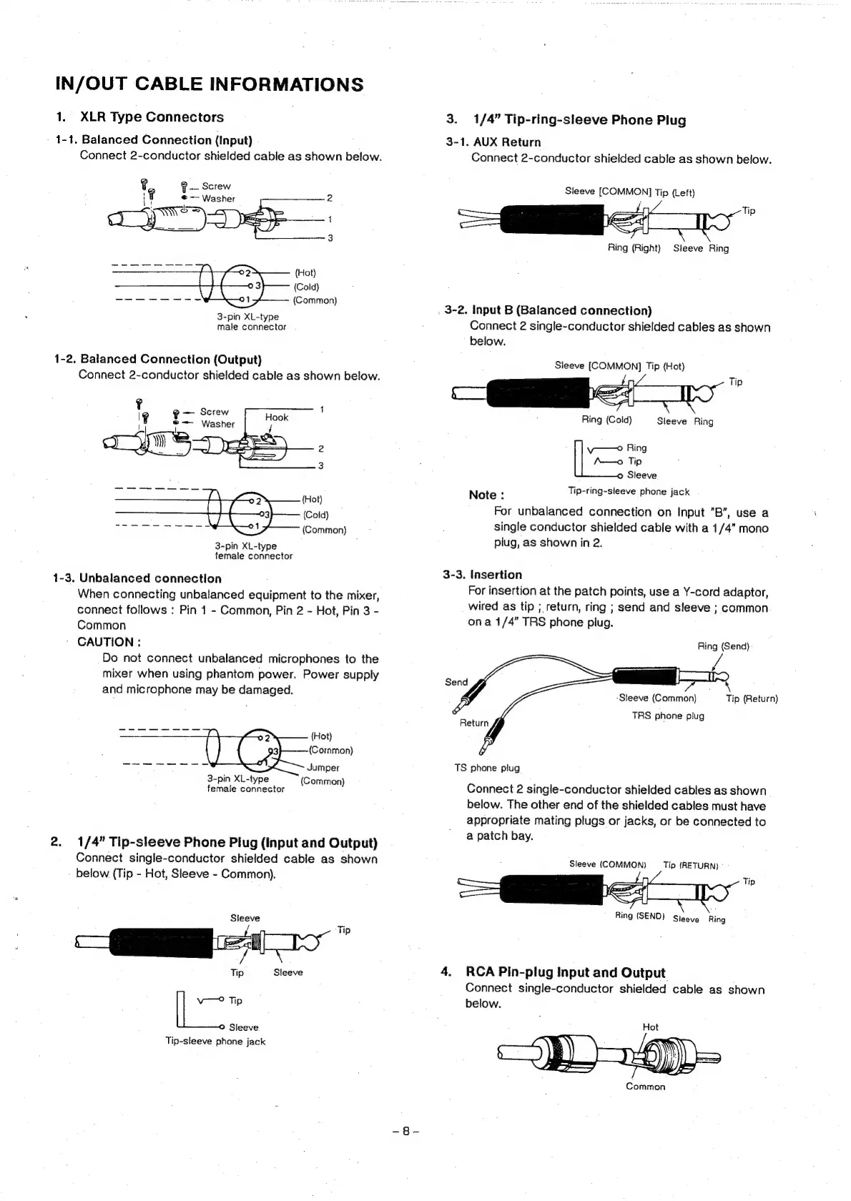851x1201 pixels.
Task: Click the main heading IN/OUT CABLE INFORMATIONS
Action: tap(209, 84)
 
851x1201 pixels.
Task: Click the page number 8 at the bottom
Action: tap(405, 1132)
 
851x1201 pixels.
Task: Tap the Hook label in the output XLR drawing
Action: tap(276, 417)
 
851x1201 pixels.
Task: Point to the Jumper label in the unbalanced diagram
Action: tap(323, 768)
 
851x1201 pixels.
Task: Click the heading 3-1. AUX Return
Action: tap(493, 142)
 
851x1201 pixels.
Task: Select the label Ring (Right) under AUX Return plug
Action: tap(634, 248)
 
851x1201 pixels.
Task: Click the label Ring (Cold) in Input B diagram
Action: tap(607, 420)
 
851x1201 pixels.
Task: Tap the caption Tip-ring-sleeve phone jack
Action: tap(629, 492)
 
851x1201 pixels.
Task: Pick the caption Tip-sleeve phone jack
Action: tap(215, 1042)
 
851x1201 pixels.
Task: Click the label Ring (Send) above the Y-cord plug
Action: tap(723, 646)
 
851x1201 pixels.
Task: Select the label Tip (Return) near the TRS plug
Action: tap(752, 699)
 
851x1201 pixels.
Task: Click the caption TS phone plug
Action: tap(487, 768)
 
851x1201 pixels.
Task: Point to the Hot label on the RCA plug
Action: tap(650, 1027)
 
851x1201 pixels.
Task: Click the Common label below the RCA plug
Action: tap(645, 1087)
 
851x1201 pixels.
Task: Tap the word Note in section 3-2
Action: tap(486, 495)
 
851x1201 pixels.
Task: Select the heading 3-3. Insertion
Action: tap(483, 575)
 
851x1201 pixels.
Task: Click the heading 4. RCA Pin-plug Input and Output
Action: tap(554, 972)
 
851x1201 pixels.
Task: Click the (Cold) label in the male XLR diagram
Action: tap(306, 287)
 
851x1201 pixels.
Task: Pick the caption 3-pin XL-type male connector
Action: tap(251, 322)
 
